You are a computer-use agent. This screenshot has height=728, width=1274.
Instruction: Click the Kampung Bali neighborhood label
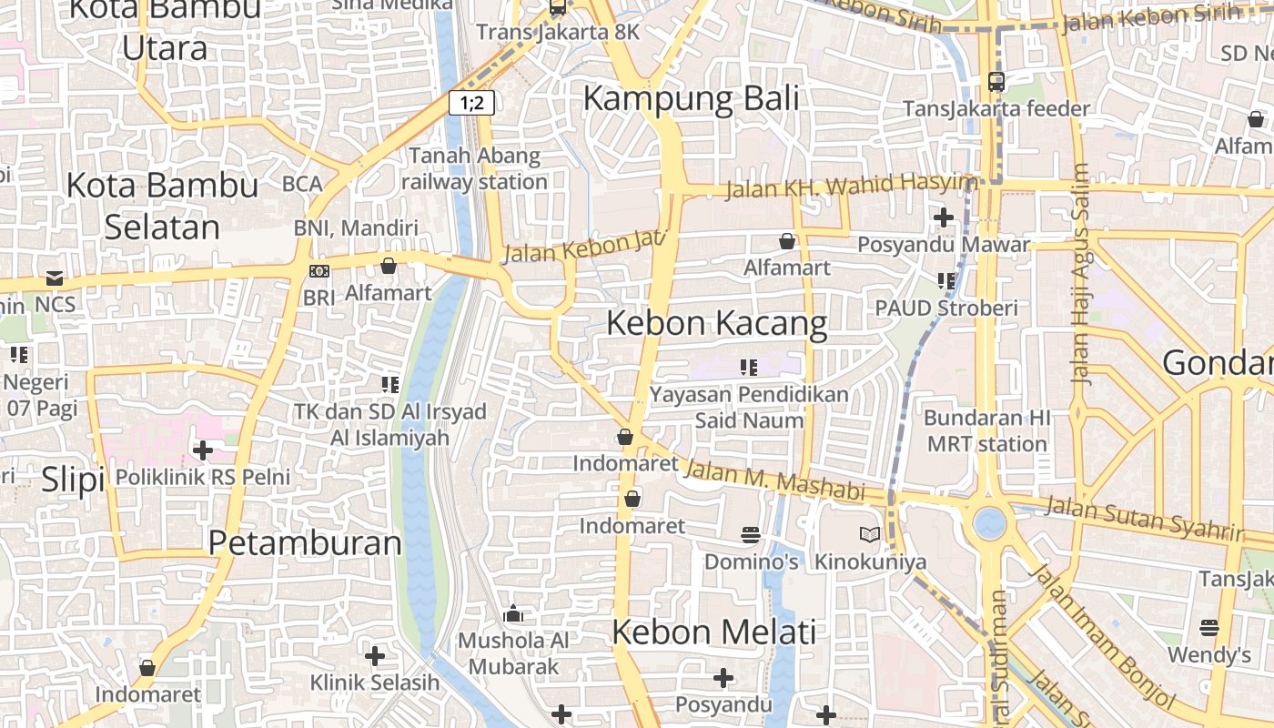coord(691,98)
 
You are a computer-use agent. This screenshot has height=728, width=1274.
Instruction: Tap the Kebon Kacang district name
coord(717,323)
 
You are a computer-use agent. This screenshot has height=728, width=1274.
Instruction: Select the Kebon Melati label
coord(714,632)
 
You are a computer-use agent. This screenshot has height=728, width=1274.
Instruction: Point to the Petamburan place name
coord(305,543)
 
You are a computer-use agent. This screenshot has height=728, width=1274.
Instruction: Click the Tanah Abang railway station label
coord(474,168)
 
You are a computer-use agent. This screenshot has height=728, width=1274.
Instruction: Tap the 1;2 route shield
coord(471,102)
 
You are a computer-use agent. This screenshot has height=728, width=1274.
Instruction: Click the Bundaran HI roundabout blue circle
coord(989,523)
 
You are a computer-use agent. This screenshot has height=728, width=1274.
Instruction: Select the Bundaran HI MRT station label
coord(987,431)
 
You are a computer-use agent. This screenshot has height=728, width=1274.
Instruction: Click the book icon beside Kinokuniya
coord(870,535)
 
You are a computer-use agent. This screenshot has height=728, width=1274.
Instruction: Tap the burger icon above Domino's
coord(751,535)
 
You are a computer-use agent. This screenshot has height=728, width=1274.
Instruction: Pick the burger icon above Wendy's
coord(1209,628)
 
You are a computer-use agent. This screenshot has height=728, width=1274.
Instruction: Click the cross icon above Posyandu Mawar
coord(944,217)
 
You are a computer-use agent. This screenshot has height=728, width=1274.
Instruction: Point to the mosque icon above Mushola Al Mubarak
coord(513,614)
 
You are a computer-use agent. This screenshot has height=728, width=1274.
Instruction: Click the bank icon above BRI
coord(319,271)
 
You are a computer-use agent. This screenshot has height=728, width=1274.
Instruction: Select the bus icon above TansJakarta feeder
coord(996,82)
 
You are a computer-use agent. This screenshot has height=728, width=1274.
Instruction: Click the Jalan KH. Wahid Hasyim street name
coord(850,186)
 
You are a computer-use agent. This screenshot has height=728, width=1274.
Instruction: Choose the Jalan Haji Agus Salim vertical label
coord(1081,273)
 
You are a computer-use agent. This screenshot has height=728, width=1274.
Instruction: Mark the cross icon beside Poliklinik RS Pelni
coord(203,450)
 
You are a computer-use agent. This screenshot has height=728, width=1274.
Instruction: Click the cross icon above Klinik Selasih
coord(374,655)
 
